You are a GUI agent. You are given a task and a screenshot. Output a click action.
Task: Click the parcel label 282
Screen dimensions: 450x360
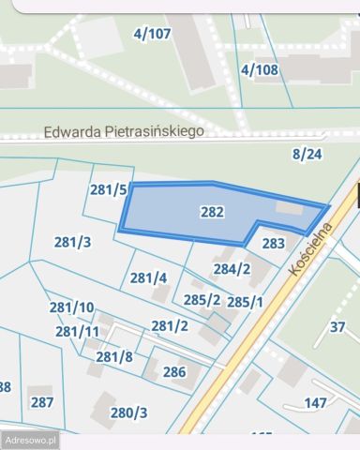(212, 213)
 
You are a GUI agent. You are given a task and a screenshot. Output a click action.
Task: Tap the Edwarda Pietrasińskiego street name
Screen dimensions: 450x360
(124, 133)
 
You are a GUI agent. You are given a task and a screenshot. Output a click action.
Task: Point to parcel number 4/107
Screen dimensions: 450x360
(153, 34)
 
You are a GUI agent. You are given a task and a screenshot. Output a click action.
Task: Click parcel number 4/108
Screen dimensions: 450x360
(260, 69)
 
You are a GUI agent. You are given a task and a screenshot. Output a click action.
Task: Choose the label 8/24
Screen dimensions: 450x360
(307, 154)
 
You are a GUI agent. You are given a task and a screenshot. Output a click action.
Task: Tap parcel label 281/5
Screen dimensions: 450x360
(108, 190)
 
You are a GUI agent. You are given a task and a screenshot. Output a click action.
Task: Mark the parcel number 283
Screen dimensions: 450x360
(273, 244)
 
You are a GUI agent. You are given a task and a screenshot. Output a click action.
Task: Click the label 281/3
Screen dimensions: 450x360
(72, 242)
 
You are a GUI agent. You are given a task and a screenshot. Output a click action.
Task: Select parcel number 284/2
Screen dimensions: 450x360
(232, 270)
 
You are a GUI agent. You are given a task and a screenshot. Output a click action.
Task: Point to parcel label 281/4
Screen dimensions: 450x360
(148, 277)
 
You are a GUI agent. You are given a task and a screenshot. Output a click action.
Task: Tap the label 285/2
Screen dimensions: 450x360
(202, 300)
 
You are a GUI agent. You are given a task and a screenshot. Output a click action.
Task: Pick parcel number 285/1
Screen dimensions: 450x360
(245, 302)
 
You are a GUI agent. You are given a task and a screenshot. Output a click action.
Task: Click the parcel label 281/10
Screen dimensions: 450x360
(71, 307)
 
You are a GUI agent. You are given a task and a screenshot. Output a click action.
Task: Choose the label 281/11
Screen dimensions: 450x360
(77, 331)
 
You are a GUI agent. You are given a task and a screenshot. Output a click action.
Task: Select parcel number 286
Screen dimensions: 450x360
(174, 372)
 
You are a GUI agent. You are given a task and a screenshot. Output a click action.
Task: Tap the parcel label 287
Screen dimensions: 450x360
(41, 402)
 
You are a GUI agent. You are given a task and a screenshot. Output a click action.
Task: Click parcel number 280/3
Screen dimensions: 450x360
(129, 412)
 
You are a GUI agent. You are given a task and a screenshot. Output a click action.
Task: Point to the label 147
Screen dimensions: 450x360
(316, 403)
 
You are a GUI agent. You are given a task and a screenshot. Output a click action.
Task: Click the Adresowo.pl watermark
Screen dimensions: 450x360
(31, 439)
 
